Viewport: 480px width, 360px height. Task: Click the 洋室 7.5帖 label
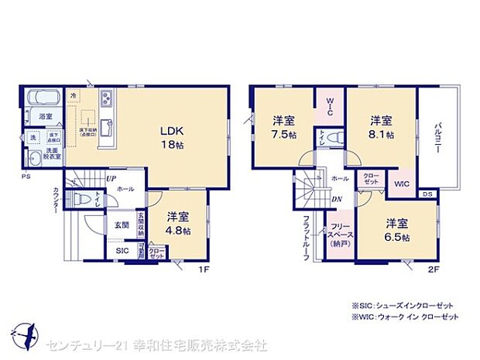[x=283, y=126]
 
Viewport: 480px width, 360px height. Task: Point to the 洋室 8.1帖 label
[x=380, y=126]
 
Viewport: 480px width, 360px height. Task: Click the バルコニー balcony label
[x=437, y=137]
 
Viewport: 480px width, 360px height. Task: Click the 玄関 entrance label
[x=122, y=225]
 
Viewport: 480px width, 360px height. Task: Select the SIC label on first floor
[x=122, y=252]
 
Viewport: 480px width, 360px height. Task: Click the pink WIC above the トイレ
[x=328, y=108]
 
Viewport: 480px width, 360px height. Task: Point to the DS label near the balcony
[x=427, y=194]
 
